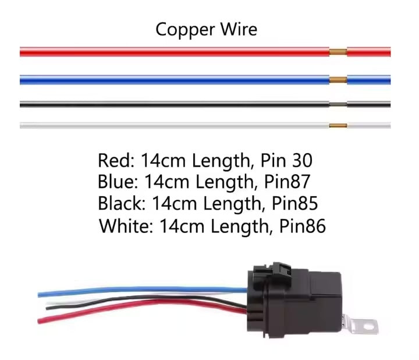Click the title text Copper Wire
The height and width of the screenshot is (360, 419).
206,29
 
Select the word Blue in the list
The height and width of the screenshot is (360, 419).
116,182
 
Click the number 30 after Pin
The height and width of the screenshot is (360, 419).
308,160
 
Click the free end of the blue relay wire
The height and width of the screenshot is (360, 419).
41,294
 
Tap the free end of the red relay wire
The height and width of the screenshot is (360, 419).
41,320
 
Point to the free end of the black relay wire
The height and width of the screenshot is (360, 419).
48,308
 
